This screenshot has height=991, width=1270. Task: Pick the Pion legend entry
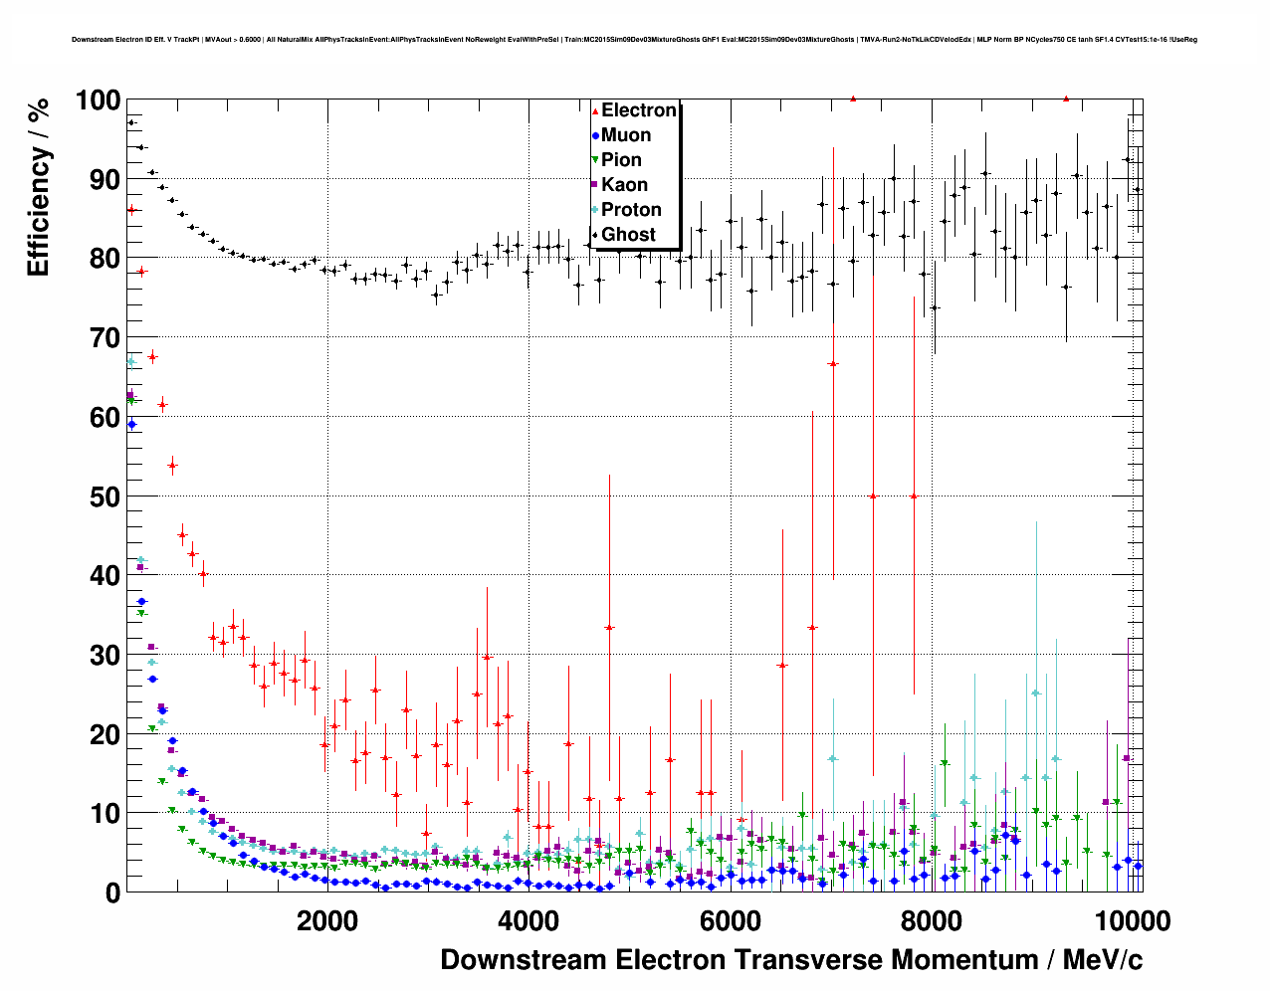click(x=621, y=160)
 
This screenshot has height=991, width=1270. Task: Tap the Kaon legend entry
click(x=624, y=185)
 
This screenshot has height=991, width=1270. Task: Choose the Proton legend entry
click(x=631, y=210)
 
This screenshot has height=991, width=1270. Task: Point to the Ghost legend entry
click(x=628, y=235)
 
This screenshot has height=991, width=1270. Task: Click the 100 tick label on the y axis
click(x=98, y=100)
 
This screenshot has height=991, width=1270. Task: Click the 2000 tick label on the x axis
click(x=326, y=920)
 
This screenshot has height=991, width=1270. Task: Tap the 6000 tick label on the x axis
click(x=730, y=920)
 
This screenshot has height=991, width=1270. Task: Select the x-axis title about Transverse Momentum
click(x=791, y=960)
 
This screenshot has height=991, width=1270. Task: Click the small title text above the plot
click(x=634, y=40)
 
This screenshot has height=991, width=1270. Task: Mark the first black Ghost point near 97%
click(x=131, y=122)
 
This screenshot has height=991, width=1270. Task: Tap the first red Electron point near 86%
click(x=131, y=209)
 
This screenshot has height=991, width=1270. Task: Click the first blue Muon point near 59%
click(x=131, y=424)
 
